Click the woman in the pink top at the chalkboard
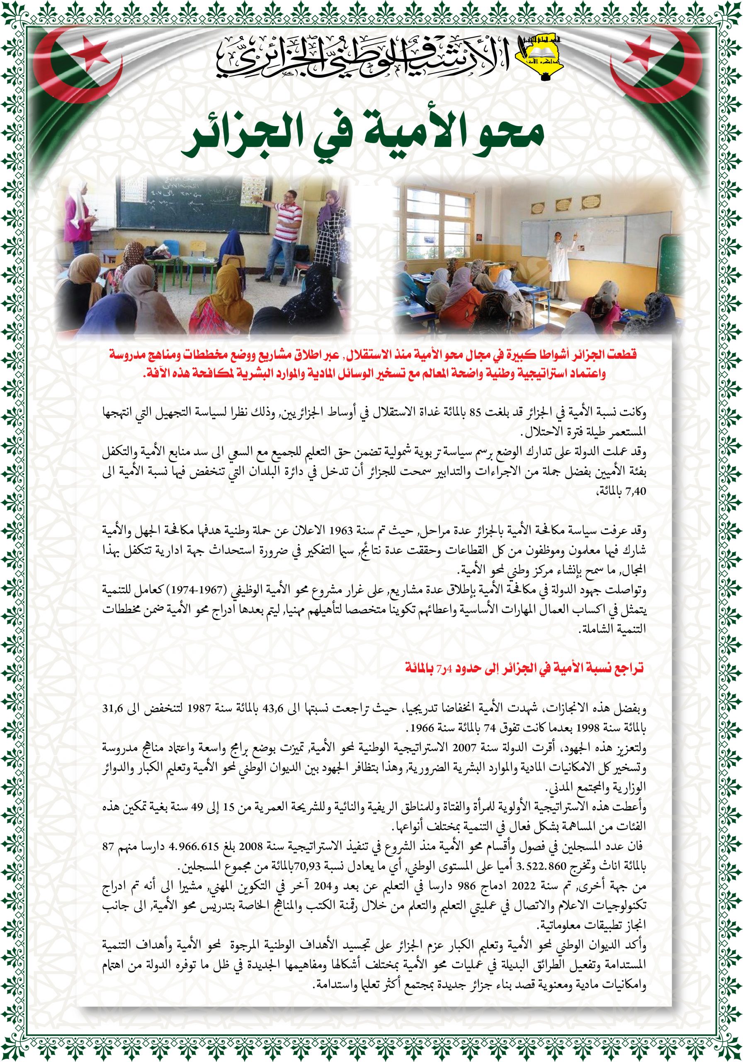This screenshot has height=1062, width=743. tap(78, 217)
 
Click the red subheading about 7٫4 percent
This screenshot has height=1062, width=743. tap(524, 668)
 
